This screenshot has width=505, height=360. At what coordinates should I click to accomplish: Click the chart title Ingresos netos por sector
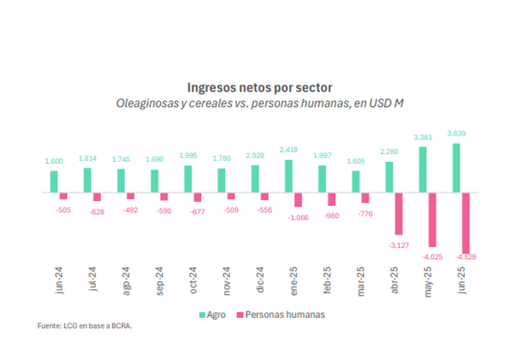260,87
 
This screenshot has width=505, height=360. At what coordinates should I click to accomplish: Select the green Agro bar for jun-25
456,168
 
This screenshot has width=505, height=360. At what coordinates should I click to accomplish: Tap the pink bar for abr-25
397,214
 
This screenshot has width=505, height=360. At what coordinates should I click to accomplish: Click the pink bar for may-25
432,220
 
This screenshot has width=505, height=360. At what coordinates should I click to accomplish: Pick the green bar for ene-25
289,176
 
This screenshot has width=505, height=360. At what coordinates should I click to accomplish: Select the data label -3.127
397,245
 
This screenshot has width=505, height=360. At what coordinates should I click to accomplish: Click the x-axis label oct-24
192,281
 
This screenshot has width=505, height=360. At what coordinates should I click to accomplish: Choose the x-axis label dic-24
260,281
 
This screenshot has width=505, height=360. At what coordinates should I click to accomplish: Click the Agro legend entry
212,315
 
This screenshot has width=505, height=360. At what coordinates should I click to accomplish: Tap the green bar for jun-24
54,182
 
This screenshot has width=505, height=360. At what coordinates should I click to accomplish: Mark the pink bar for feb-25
331,199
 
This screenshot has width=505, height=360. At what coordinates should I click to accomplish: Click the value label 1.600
54,161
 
